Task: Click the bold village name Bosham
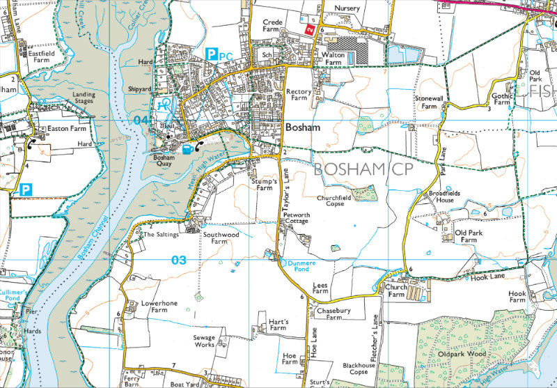[302, 128]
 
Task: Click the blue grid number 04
[141, 121]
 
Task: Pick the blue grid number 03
[179, 260]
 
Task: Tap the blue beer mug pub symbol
[187, 148]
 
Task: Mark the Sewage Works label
[203, 341]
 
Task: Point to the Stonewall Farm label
[430, 103]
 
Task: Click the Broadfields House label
[441, 196]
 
